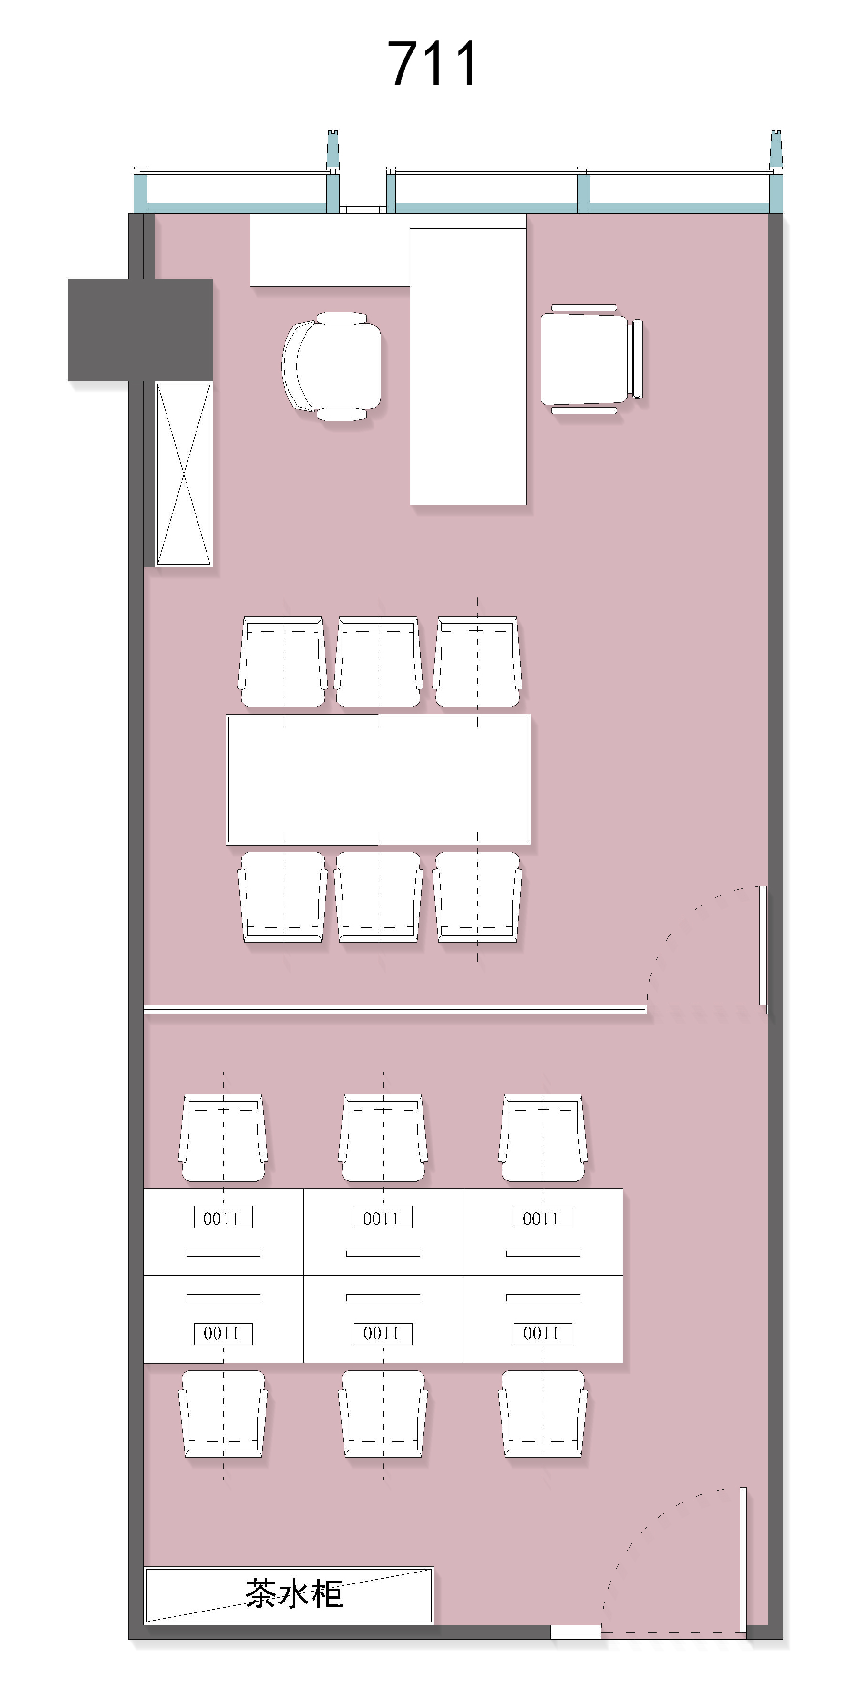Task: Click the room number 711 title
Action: [432, 64]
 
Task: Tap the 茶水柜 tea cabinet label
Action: [294, 1594]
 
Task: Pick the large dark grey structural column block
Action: [140, 330]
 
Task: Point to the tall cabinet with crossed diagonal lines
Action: [184, 474]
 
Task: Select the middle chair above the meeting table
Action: [378, 661]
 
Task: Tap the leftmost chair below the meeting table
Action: [282, 897]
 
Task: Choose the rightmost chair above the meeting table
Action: [478, 661]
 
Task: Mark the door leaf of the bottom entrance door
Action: [743, 1559]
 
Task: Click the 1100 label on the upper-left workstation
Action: [223, 1217]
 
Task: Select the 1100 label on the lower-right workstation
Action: [543, 1334]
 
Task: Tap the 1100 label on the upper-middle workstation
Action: [383, 1217]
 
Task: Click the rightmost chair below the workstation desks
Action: [543, 1413]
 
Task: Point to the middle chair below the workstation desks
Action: [383, 1413]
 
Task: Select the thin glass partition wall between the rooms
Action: [394, 1009]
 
